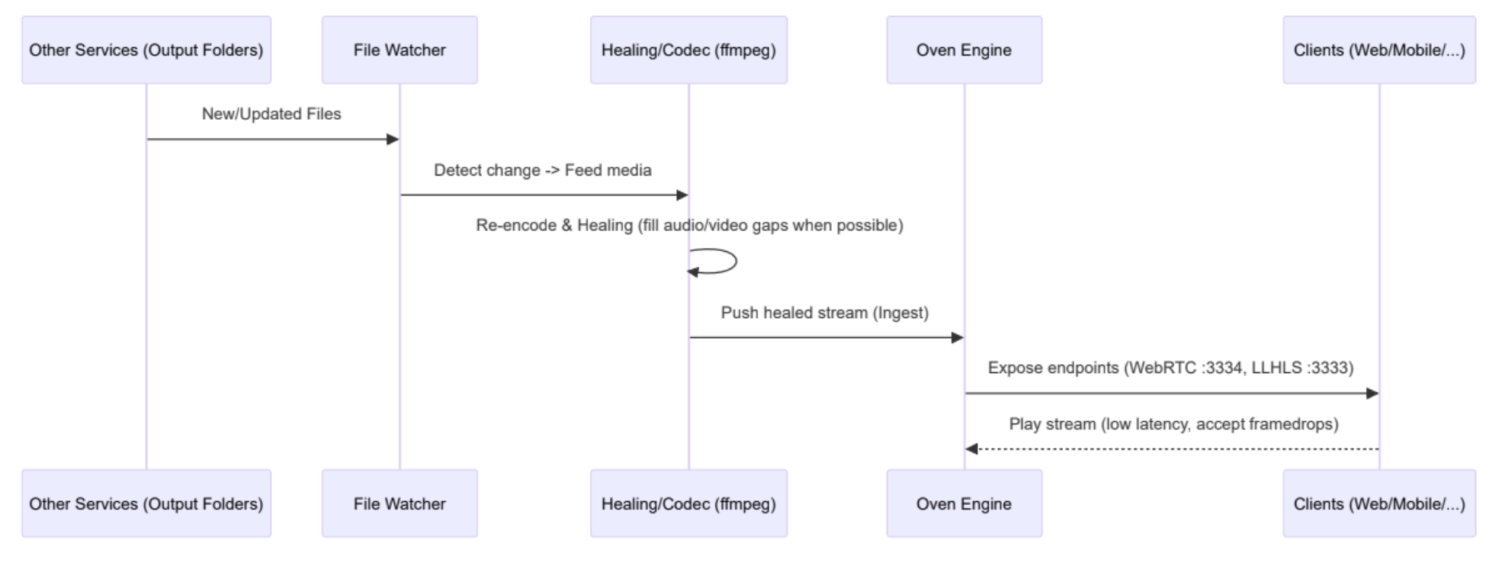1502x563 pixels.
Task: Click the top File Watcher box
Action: [x=400, y=50]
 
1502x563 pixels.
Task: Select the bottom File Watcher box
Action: [x=400, y=503]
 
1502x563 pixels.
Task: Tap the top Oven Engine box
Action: [x=964, y=50]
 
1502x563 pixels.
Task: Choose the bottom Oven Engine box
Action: [x=964, y=503]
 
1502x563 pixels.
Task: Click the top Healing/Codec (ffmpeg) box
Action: [x=688, y=50]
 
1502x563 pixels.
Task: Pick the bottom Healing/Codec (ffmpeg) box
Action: [x=688, y=503]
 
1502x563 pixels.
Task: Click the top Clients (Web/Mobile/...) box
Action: [x=1378, y=50]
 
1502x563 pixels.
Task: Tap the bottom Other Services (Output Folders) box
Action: [x=146, y=503]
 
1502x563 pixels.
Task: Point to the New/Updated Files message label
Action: [x=271, y=114]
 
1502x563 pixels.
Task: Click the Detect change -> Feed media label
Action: [x=543, y=170]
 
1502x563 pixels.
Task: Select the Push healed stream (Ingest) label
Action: [x=825, y=313]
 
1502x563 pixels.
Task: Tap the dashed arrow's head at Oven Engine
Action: [x=971, y=449]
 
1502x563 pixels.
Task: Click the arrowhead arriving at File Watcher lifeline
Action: [x=393, y=139]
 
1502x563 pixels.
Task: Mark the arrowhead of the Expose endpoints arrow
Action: [x=1372, y=394]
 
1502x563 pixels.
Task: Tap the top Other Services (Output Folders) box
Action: [x=146, y=50]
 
